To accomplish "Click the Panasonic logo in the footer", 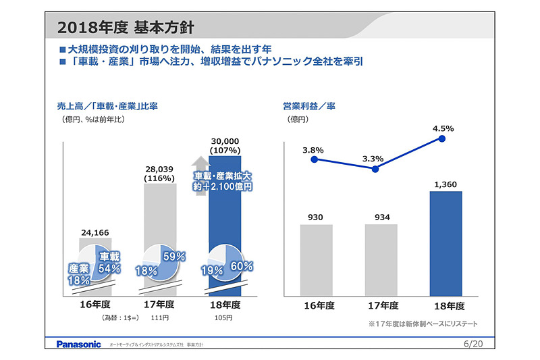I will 78,344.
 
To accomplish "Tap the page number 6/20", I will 475,344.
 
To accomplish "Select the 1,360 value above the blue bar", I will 446,183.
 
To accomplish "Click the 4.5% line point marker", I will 442,138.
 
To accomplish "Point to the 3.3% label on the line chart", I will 373,159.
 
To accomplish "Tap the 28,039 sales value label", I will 159,168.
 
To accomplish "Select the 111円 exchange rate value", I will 159,317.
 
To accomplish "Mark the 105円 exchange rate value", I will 223,317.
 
